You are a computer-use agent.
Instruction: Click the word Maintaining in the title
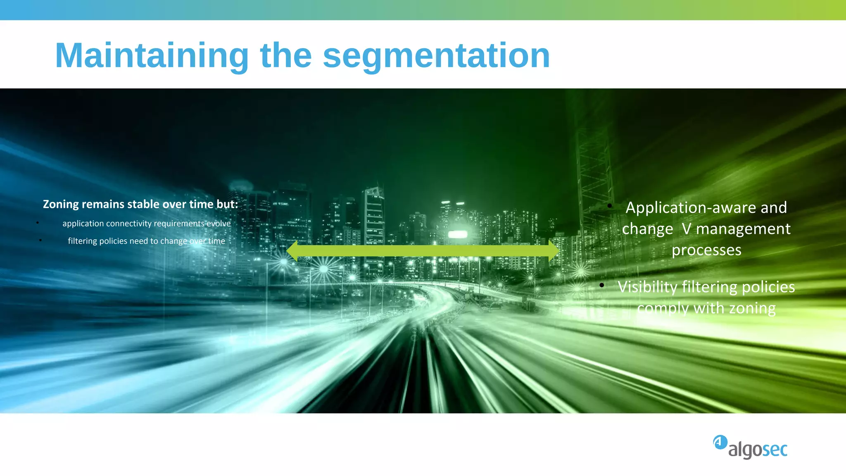pos(152,56)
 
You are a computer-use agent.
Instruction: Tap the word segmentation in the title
pos(436,56)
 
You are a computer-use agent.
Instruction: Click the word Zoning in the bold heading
pos(61,204)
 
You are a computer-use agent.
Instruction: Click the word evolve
pos(219,224)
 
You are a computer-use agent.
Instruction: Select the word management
pos(743,229)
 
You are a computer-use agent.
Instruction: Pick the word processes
pos(706,250)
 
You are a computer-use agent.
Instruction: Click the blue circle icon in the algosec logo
pos(720,442)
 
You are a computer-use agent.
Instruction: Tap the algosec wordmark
pos(758,450)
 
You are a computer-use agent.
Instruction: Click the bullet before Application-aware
pos(609,205)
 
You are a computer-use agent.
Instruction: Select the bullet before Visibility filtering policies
pos(602,285)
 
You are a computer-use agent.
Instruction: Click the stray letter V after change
pos(687,229)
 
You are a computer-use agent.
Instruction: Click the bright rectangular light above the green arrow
pos(457,234)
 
